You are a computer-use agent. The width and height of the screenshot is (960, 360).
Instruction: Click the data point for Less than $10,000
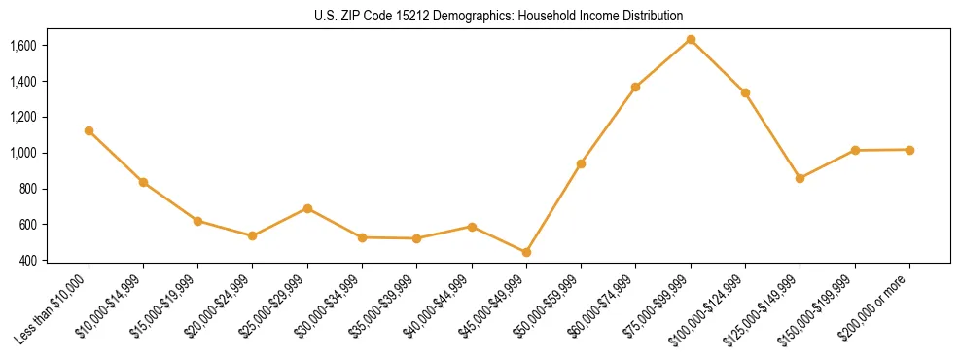pyautogui.click(x=89, y=130)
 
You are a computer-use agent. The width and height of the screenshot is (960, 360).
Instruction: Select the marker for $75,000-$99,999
pyautogui.click(x=691, y=39)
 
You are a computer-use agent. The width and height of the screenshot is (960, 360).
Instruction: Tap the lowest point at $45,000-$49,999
pyautogui.click(x=526, y=252)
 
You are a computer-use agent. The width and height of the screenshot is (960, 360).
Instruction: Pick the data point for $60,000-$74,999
pyautogui.click(x=635, y=87)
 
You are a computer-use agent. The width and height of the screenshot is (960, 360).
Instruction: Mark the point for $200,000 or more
pyautogui.click(x=909, y=150)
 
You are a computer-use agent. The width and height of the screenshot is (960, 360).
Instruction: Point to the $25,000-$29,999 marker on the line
pyautogui.click(x=307, y=208)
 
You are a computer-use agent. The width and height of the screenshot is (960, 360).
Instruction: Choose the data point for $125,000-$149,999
pyautogui.click(x=800, y=178)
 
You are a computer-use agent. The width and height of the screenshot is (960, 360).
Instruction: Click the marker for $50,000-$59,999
pyautogui.click(x=581, y=163)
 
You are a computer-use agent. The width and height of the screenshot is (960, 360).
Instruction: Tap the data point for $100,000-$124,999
pyautogui.click(x=745, y=92)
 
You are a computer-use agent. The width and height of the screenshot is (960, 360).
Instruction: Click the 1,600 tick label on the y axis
pyautogui.click(x=22, y=46)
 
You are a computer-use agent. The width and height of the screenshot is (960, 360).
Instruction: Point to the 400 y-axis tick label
pyautogui.click(x=27, y=261)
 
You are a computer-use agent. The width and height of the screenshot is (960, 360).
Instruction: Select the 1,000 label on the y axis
pyautogui.click(x=22, y=153)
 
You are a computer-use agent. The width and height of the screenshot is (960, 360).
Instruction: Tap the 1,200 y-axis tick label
pyautogui.click(x=22, y=117)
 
